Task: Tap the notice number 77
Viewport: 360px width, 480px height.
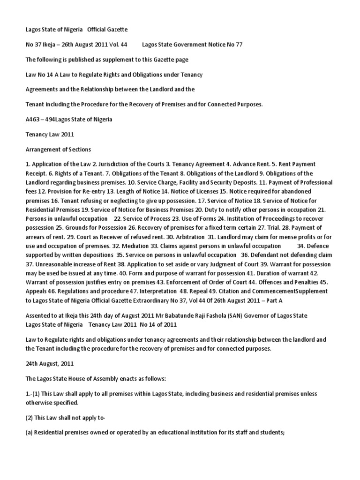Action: [238, 45]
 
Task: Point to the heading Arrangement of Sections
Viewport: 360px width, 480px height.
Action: [58, 149]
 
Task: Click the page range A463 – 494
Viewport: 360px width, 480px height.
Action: [41, 119]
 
